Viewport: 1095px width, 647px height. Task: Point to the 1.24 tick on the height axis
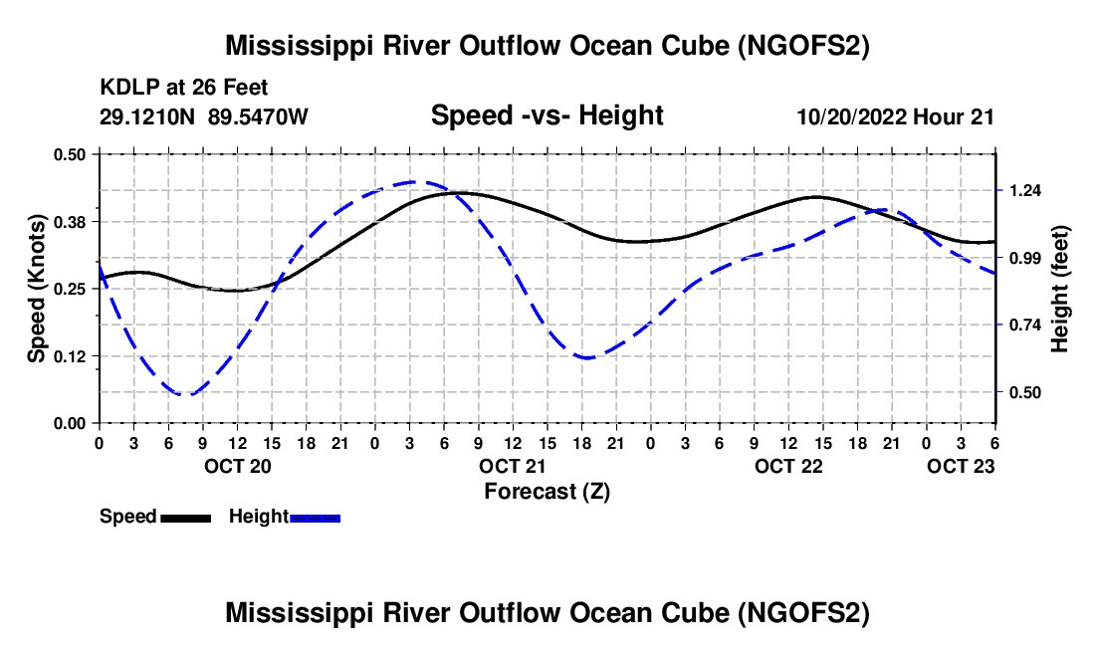[1024, 190]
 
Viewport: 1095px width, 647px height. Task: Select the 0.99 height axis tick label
[1024, 258]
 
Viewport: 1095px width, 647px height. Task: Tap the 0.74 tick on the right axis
[1024, 325]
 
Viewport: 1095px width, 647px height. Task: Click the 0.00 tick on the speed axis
[70, 424]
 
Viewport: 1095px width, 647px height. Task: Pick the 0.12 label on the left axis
[70, 356]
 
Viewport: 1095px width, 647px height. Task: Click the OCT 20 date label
[238, 466]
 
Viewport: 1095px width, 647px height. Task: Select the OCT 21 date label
[513, 466]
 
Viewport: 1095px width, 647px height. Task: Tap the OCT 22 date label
[788, 466]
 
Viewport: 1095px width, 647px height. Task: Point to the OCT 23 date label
[961, 466]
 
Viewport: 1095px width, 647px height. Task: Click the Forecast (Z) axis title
[547, 492]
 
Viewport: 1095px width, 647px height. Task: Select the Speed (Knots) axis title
[36, 289]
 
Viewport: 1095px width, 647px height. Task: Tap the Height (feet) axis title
[1059, 289]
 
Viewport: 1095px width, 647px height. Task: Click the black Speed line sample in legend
[186, 518]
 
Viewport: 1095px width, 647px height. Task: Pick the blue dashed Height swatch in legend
[315, 518]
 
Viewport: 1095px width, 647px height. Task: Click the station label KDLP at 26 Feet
[184, 88]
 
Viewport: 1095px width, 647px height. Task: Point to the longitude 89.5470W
[258, 116]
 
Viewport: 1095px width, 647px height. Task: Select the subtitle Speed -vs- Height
[547, 115]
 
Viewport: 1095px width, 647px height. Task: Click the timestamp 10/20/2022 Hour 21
[895, 116]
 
